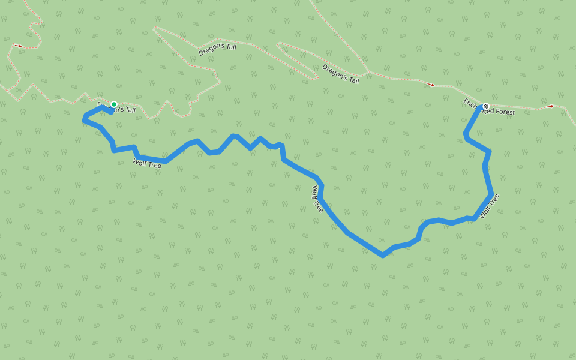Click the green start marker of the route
[113, 104]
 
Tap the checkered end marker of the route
[485, 106]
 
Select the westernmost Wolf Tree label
[147, 162]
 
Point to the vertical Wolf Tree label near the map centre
[317, 199]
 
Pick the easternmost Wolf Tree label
[489, 205]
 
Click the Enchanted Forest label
[489, 107]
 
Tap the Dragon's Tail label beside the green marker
[116, 107]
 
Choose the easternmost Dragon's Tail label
[341, 73]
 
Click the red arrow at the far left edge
[19, 46]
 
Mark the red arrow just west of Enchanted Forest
[431, 85]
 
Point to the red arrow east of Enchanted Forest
[550, 107]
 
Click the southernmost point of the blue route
[382, 256]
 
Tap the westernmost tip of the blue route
[84, 120]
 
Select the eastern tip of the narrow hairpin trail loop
[316, 77]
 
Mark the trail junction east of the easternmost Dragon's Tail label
[367, 72]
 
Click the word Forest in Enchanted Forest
[504, 112]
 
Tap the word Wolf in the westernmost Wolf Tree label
[140, 160]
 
